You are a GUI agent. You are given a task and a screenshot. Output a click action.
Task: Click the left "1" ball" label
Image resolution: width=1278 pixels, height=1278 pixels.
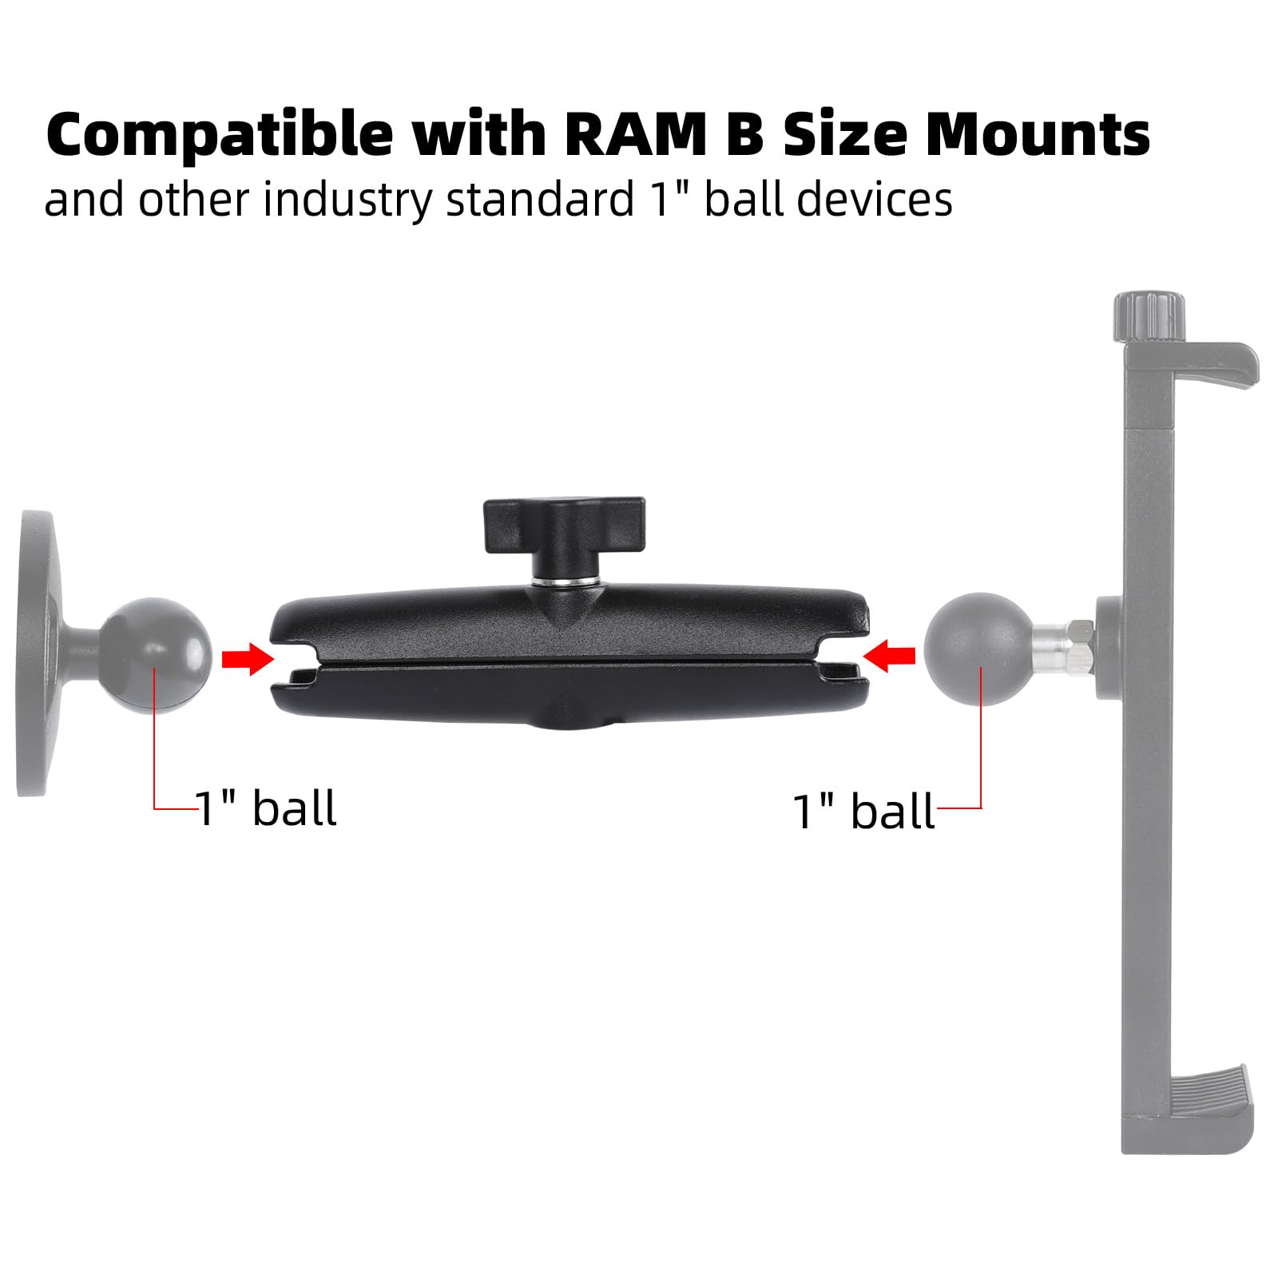pyautogui.click(x=265, y=808)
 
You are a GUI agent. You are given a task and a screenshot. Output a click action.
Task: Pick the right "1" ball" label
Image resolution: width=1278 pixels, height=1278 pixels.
pyautogui.click(x=863, y=812)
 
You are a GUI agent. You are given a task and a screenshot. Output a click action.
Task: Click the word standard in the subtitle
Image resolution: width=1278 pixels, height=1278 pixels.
pyautogui.click(x=539, y=199)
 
